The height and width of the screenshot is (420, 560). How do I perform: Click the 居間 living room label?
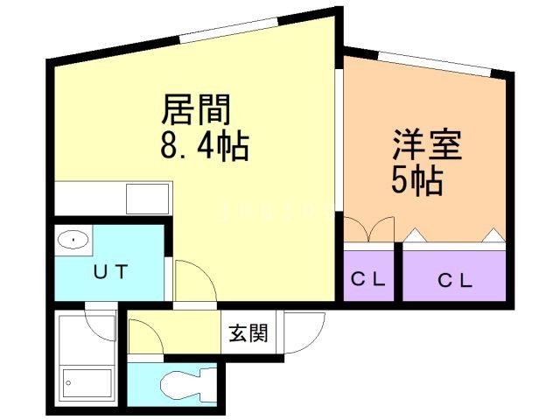(196, 109)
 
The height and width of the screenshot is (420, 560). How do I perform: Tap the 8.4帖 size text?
(204, 145)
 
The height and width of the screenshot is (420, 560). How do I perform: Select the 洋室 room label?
(427, 144)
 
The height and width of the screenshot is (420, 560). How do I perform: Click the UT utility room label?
(110, 272)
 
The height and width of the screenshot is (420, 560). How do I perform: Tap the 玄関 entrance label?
(248, 332)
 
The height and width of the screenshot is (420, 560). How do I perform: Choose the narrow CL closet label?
(368, 279)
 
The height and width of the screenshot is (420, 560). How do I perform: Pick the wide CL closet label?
(455, 281)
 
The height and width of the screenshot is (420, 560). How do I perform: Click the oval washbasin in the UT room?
(73, 240)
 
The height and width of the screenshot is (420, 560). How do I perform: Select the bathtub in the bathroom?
(87, 383)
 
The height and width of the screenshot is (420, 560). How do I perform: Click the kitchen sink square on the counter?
(148, 199)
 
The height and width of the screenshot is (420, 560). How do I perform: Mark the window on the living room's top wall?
(228, 30)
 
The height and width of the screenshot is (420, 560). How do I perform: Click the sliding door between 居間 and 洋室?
(339, 140)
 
